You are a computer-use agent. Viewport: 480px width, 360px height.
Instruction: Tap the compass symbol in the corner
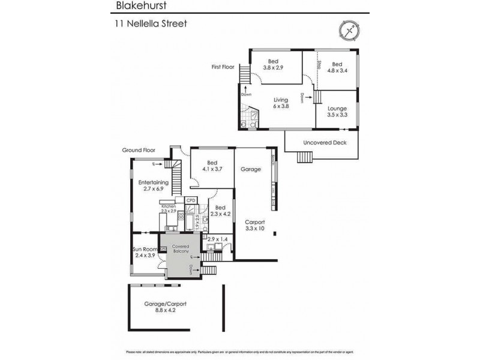[349, 30]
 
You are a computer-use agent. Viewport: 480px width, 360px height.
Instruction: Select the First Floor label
[223, 67]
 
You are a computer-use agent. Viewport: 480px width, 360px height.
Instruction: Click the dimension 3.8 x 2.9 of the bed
[273, 68]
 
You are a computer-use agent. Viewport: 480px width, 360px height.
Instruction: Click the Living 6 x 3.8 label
[281, 103]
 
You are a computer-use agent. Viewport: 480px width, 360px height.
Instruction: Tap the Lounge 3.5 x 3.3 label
[337, 111]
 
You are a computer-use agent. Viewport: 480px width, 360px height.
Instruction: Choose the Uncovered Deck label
[322, 142]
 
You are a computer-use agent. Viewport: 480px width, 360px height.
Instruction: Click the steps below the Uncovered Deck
[304, 157]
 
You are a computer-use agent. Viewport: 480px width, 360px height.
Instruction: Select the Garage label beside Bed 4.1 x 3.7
[251, 169]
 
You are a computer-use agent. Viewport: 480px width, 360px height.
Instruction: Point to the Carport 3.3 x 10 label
[254, 225]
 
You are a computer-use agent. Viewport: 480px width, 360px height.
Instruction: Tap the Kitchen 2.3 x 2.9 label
[168, 209]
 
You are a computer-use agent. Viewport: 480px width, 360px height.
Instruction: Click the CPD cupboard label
[191, 200]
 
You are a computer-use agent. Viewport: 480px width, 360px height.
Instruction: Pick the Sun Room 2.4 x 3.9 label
[145, 252]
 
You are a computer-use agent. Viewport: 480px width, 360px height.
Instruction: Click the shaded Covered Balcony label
[181, 250]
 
